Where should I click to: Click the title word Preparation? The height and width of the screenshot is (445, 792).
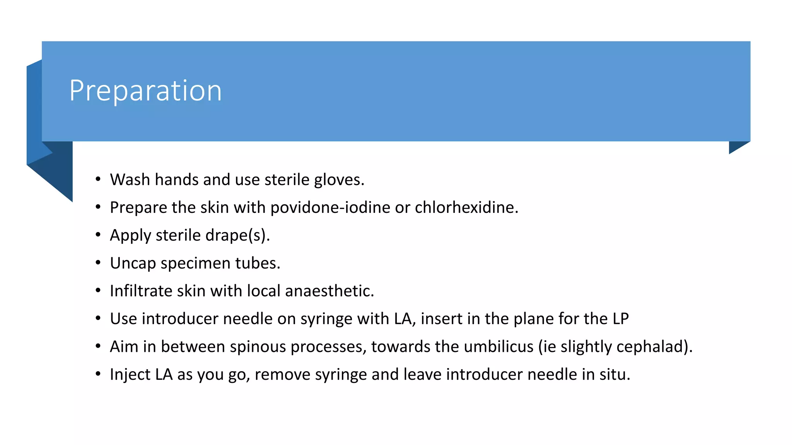point(145,91)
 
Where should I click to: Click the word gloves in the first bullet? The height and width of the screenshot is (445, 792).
point(339,180)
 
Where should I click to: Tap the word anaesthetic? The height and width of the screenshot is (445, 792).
point(329,291)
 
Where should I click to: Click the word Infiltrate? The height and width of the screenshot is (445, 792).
point(141,291)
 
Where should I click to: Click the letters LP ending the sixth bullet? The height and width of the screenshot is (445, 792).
point(620,319)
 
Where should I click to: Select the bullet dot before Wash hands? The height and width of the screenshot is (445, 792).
point(98,179)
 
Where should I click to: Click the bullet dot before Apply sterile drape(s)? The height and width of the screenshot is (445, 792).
point(98,235)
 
